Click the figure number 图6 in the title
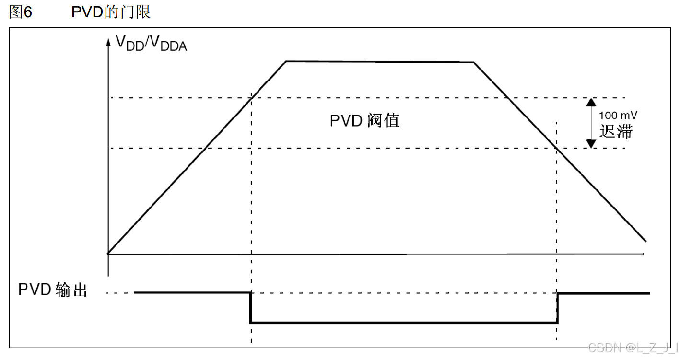point(21,12)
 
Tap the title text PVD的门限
point(111,12)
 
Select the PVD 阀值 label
point(364,120)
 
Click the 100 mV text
point(618,116)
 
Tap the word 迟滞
point(616,131)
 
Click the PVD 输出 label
point(53,290)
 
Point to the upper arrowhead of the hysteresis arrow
point(591,102)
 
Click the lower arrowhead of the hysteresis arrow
point(591,143)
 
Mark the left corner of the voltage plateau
point(286,61)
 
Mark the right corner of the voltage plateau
point(474,62)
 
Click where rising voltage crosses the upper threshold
point(251,98)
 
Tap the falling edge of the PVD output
point(250,307)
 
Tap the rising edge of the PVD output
point(558,307)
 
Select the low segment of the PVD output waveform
point(404,323)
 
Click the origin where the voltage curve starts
point(108,253)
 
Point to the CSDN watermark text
point(632,347)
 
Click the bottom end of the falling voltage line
point(645,241)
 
